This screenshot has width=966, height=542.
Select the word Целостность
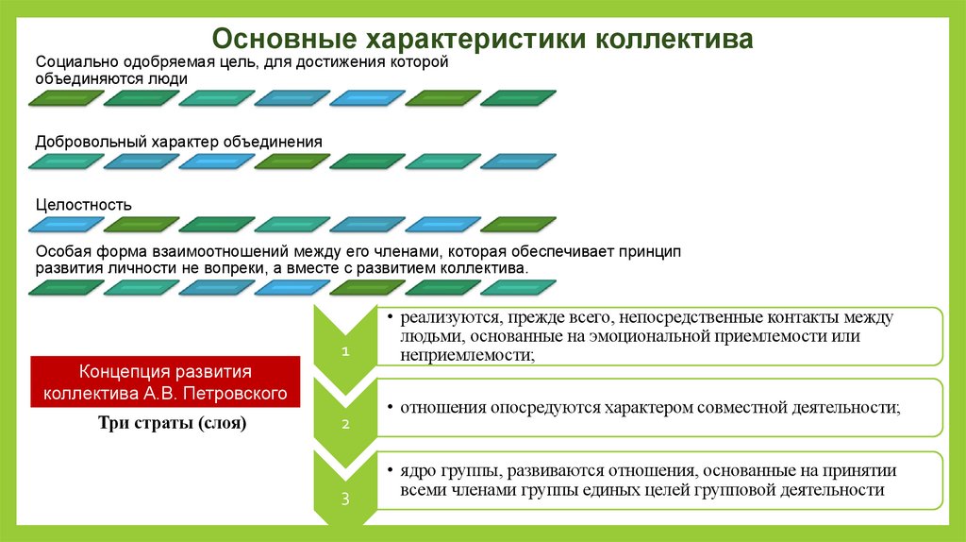pyautogui.click(x=84, y=205)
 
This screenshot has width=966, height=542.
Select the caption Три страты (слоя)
pyautogui.click(x=172, y=423)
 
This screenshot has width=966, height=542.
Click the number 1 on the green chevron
pyautogui.click(x=345, y=351)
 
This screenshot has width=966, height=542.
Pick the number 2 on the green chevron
pyautogui.click(x=345, y=424)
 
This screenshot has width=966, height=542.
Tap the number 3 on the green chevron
pyautogui.click(x=345, y=499)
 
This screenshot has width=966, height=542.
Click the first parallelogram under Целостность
pyautogui.click(x=64, y=225)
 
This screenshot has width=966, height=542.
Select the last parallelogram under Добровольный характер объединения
pyautogui.click(x=517, y=161)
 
